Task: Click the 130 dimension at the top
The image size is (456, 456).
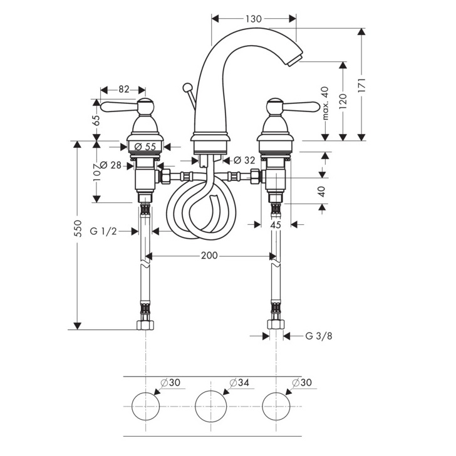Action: click(253, 19)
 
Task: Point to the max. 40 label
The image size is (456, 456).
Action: click(325, 103)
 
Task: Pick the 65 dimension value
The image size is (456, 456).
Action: click(96, 120)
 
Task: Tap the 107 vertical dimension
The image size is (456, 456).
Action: click(96, 173)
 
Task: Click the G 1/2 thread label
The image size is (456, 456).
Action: click(103, 231)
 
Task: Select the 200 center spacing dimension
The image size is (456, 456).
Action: click(209, 256)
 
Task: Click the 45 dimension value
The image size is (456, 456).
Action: click(276, 224)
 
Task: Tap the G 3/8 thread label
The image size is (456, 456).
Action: click(319, 336)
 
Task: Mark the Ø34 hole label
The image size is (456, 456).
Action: click(236, 382)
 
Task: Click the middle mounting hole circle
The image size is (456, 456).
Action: click(210, 406)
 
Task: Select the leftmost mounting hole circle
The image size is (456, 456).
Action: click(146, 406)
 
